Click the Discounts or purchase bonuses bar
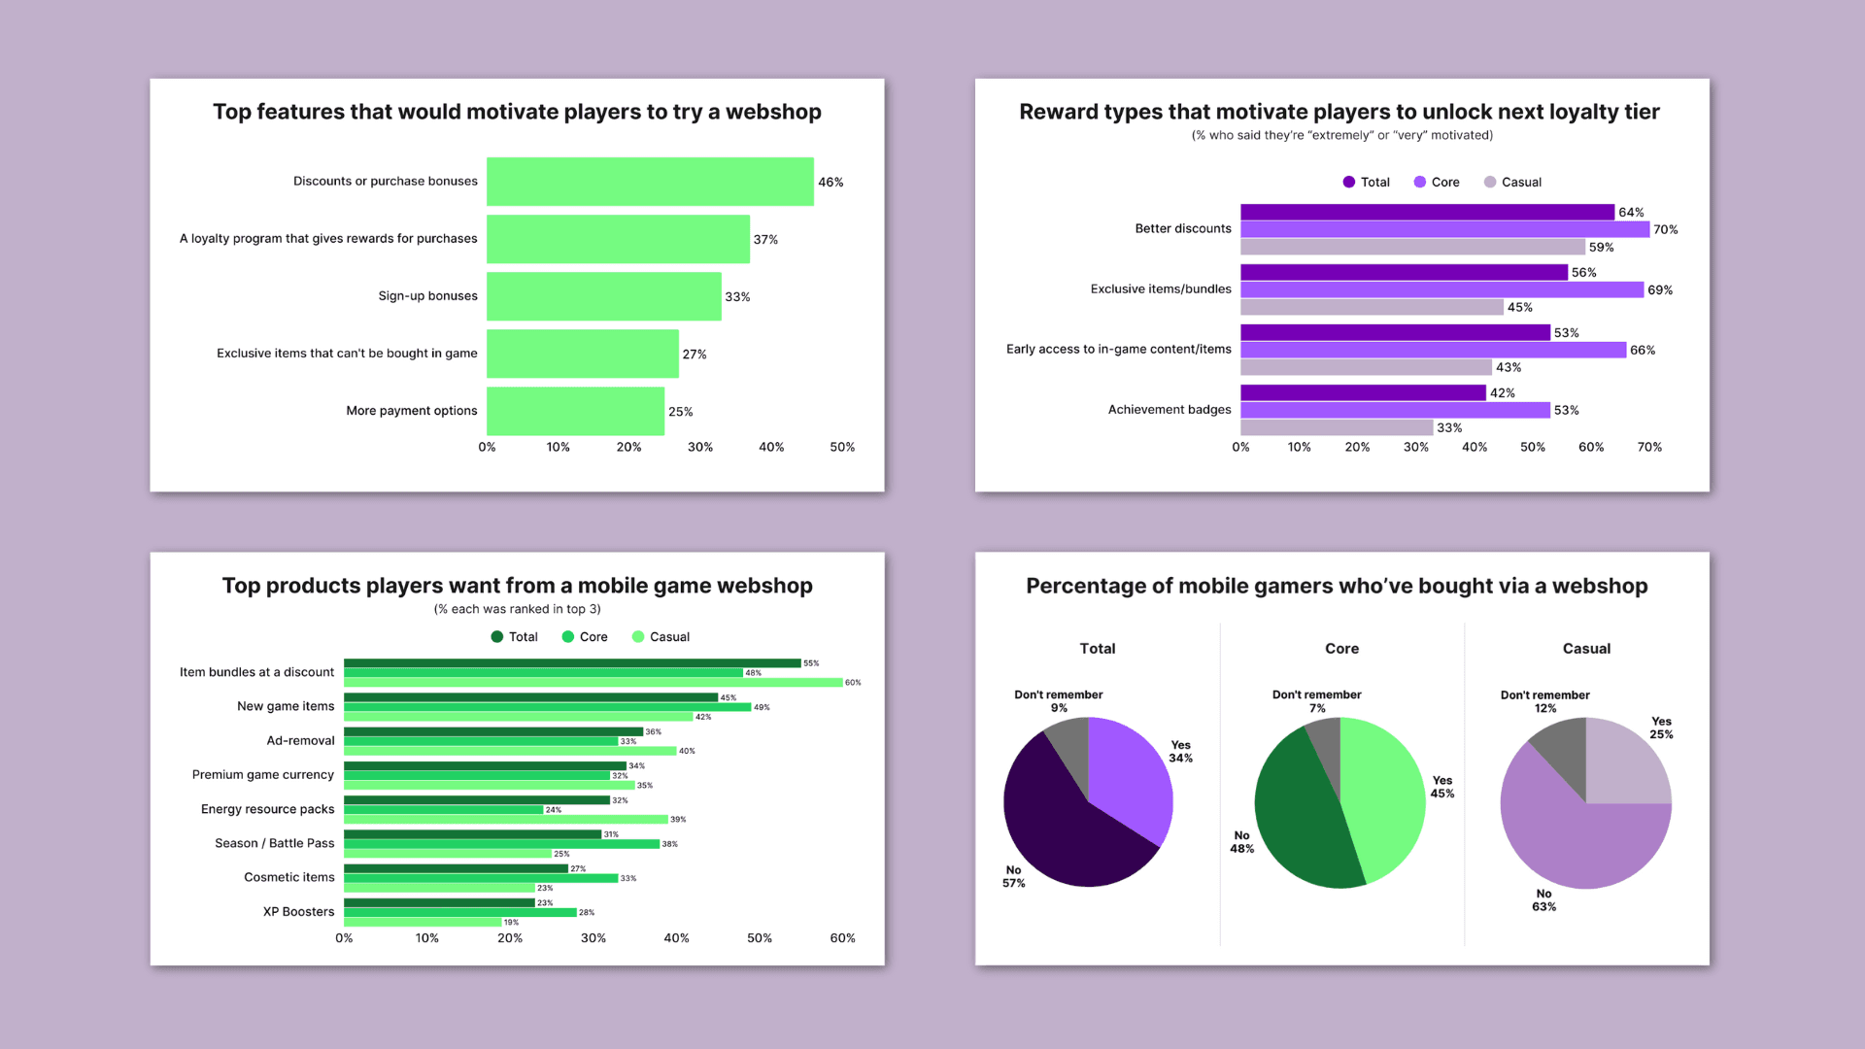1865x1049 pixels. pos(650,182)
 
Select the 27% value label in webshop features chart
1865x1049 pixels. pos(695,355)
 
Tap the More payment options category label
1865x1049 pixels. pos(411,411)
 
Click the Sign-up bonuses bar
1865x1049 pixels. pos(603,296)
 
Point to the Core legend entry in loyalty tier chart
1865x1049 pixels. pos(1437,183)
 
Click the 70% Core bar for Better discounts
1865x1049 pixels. pos(1444,229)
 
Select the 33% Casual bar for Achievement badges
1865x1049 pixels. pos(1336,427)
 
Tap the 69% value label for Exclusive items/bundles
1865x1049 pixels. pos(1660,290)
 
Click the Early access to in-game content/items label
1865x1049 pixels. pos(1118,350)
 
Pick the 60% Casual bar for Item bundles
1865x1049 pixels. pos(593,683)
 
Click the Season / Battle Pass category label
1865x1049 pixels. pos(274,843)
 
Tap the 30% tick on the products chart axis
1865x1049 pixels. pos(593,938)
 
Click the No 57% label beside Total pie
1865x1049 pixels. pos(1013,876)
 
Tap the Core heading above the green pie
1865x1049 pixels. pos(1341,649)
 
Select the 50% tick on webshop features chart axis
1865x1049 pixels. pos(842,448)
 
